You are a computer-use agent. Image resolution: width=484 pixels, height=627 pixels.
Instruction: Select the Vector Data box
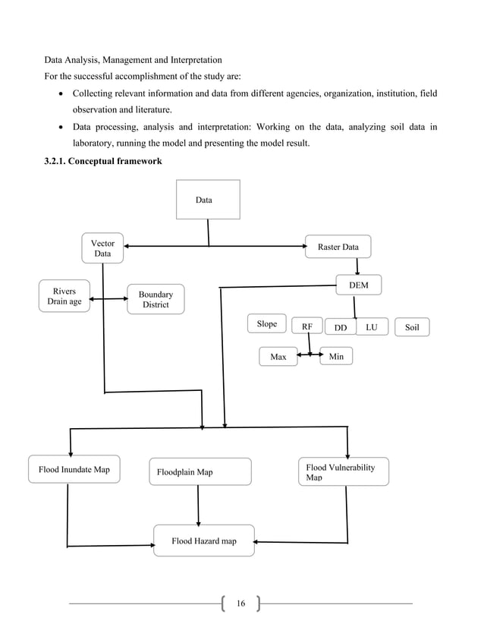click(x=102, y=249)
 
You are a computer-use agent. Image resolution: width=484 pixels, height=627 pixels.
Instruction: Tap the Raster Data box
click(x=338, y=247)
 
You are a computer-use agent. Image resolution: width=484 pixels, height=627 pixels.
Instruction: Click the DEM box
click(x=359, y=285)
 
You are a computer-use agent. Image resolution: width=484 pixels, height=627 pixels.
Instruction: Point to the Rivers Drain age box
click(x=64, y=296)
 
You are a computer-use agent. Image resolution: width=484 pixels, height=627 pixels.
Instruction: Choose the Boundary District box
click(x=156, y=299)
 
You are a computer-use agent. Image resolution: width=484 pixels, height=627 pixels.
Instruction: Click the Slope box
click(x=267, y=324)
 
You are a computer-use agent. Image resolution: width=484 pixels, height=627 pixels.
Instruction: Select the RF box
click(x=307, y=326)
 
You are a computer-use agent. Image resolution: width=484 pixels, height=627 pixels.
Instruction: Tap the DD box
click(x=341, y=327)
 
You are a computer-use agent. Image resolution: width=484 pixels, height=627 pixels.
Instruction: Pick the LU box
click(x=372, y=326)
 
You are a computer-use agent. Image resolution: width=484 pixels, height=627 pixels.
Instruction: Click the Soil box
click(x=412, y=327)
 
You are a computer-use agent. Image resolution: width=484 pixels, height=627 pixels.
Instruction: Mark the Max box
click(x=278, y=356)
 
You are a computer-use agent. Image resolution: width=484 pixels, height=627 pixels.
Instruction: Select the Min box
click(x=337, y=355)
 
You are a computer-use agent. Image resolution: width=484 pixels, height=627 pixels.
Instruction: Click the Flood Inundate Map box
click(x=74, y=469)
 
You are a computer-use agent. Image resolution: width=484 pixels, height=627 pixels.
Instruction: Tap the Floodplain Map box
click(x=199, y=471)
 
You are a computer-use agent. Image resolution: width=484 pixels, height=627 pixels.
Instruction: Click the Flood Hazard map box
click(x=204, y=541)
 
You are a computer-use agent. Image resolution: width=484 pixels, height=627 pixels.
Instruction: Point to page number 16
click(x=241, y=603)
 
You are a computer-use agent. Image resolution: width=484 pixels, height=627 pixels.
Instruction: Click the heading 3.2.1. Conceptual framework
click(x=103, y=161)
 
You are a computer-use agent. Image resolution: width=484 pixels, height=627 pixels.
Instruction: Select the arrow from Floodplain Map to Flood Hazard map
click(x=199, y=504)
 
